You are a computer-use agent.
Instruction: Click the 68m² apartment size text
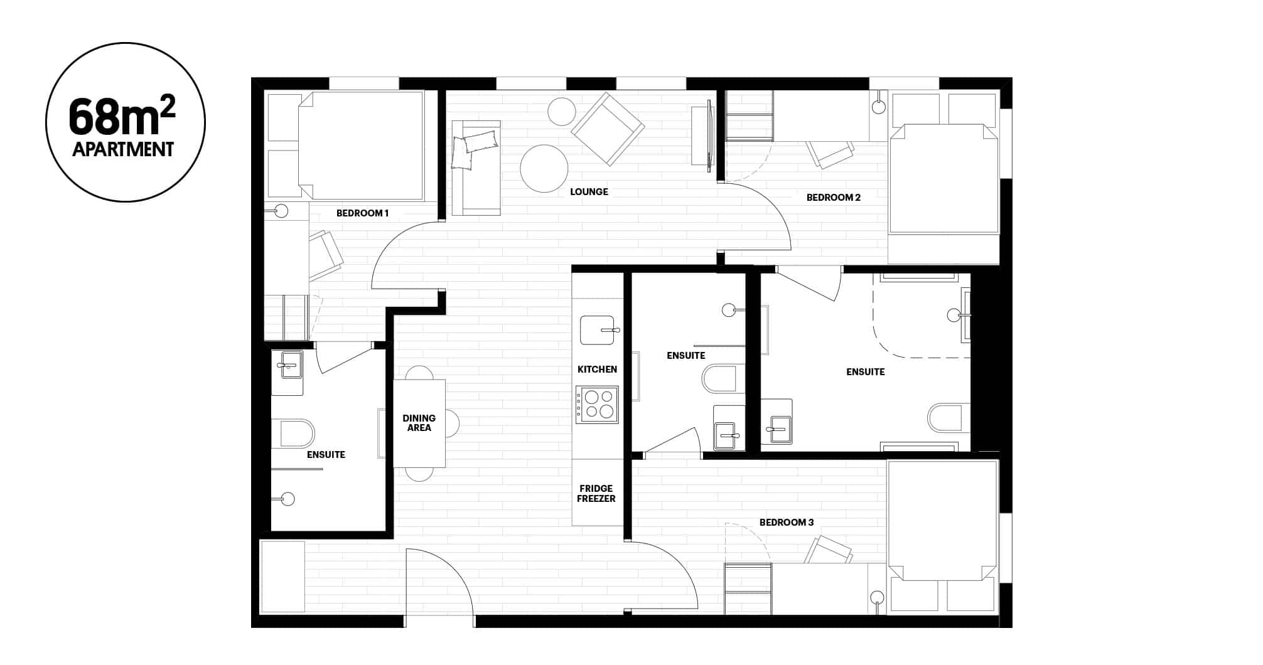[123, 117]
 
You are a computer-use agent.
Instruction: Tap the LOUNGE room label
[589, 191]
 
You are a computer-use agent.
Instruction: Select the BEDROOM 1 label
[362, 213]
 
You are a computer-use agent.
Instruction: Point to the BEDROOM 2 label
[833, 198]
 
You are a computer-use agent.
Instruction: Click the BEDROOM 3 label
[786, 523]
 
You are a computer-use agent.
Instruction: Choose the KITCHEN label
[597, 370]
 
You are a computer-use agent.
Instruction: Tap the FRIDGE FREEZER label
[596, 494]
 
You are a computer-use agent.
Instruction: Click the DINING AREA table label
[419, 423]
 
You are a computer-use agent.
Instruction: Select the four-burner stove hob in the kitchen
[598, 404]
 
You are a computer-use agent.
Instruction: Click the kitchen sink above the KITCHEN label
[597, 330]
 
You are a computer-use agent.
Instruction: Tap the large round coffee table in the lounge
[544, 168]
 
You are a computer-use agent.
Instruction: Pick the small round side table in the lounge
[561, 112]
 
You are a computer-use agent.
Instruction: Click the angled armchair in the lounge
[607, 129]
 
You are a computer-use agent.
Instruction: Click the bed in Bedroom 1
[361, 146]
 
